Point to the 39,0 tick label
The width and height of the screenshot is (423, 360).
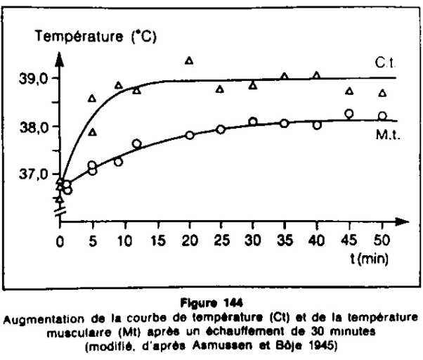[34, 78]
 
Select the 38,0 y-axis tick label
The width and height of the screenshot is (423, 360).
[34, 127]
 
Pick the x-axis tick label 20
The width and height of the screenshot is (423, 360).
[189, 239]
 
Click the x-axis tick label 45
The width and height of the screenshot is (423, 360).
[349, 239]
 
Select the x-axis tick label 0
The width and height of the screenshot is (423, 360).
[60, 239]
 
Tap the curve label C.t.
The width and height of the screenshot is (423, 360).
[384, 63]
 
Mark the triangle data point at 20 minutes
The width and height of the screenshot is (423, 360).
[189, 60]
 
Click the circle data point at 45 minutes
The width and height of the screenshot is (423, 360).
[349, 113]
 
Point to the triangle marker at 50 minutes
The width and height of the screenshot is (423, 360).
[382, 93]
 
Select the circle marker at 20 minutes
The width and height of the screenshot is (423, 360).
[190, 134]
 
